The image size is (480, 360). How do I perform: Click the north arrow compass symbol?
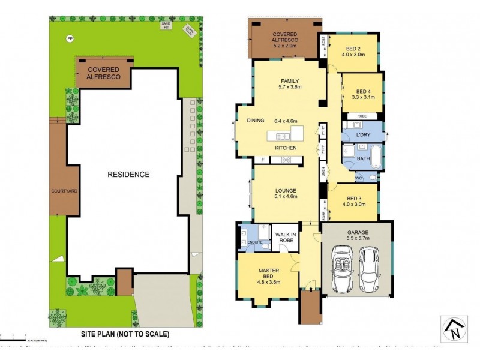pyautogui.click(x=454, y=329)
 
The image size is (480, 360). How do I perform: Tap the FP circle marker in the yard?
pyautogui.click(x=70, y=39)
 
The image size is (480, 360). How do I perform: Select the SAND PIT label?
pyautogui.click(x=165, y=25)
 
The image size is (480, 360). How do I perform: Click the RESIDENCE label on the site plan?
pyautogui.click(x=128, y=175)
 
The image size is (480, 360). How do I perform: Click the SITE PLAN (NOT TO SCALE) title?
pyautogui.click(x=125, y=334)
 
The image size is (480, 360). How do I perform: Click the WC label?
pyautogui.click(x=359, y=178)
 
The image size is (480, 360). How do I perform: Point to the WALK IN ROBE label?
pyautogui.click(x=286, y=238)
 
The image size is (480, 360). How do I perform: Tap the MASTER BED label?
pyautogui.click(x=268, y=273)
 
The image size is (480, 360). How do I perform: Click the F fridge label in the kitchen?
pyautogui.click(x=263, y=160)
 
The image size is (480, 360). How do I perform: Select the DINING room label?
pyautogui.click(x=255, y=121)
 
